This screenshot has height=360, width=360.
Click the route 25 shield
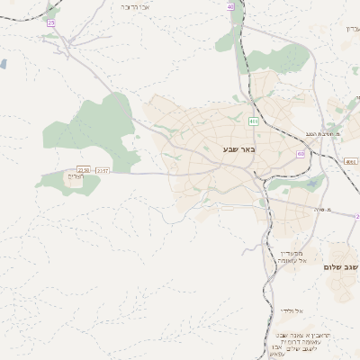51,22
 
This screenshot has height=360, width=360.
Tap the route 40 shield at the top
230,6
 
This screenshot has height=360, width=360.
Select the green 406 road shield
255,120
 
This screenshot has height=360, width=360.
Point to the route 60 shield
301,154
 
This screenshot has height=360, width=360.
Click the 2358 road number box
85,169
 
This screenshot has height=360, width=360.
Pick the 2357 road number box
102,169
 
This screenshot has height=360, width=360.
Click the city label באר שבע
238,149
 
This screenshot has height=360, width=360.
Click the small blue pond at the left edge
3,64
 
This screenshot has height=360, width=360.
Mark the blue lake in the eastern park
312,184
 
